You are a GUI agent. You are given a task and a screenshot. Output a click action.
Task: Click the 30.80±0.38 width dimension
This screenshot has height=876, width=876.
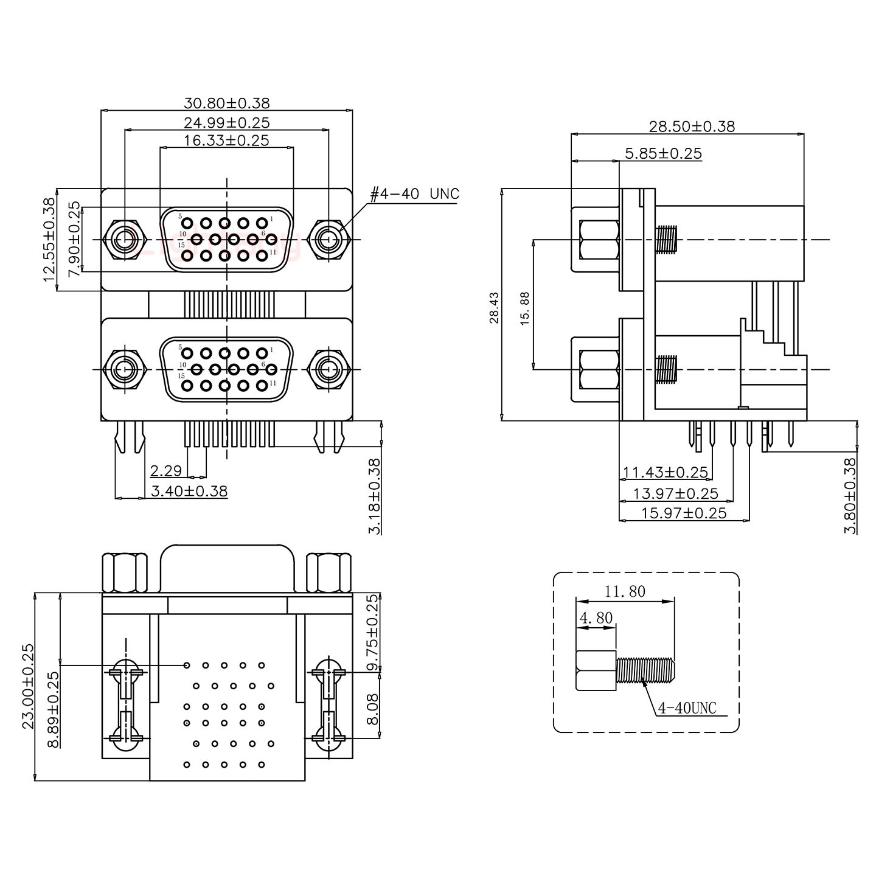(226, 103)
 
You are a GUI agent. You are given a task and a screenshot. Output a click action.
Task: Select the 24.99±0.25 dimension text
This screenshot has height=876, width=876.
(226, 122)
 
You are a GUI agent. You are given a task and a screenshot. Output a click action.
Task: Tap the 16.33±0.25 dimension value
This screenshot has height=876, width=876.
(226, 141)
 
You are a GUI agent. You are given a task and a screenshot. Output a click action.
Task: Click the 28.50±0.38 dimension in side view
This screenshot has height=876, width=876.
(692, 127)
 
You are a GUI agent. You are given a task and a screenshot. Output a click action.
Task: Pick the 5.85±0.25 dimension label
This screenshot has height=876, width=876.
(663, 153)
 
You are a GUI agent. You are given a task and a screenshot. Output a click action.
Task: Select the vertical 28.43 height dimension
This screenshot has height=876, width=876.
(494, 307)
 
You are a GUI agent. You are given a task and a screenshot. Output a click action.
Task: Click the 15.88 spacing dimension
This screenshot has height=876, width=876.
(526, 308)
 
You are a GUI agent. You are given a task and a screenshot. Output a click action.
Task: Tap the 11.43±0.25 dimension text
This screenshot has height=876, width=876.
(666, 472)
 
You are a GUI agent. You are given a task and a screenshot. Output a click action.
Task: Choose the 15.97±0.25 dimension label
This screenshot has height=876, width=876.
(684, 513)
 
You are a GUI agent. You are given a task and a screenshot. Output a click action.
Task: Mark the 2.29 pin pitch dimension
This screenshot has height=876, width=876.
(165, 470)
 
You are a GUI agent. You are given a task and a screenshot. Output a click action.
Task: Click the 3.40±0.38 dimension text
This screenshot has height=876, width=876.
(189, 490)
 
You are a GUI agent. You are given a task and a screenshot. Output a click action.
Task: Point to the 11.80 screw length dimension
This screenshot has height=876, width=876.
(625, 591)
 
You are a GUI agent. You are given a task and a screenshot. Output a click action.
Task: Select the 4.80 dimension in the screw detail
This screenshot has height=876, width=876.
(596, 619)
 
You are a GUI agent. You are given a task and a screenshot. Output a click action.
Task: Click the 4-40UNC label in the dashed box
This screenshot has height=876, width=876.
(688, 708)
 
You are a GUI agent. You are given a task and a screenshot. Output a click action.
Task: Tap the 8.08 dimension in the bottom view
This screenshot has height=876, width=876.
(373, 709)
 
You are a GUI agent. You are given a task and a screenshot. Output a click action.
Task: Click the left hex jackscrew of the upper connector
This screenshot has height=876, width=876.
(125, 240)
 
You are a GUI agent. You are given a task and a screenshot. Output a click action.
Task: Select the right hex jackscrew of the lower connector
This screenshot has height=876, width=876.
(328, 369)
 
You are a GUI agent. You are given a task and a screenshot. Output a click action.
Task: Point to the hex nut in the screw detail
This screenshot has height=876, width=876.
(596, 670)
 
